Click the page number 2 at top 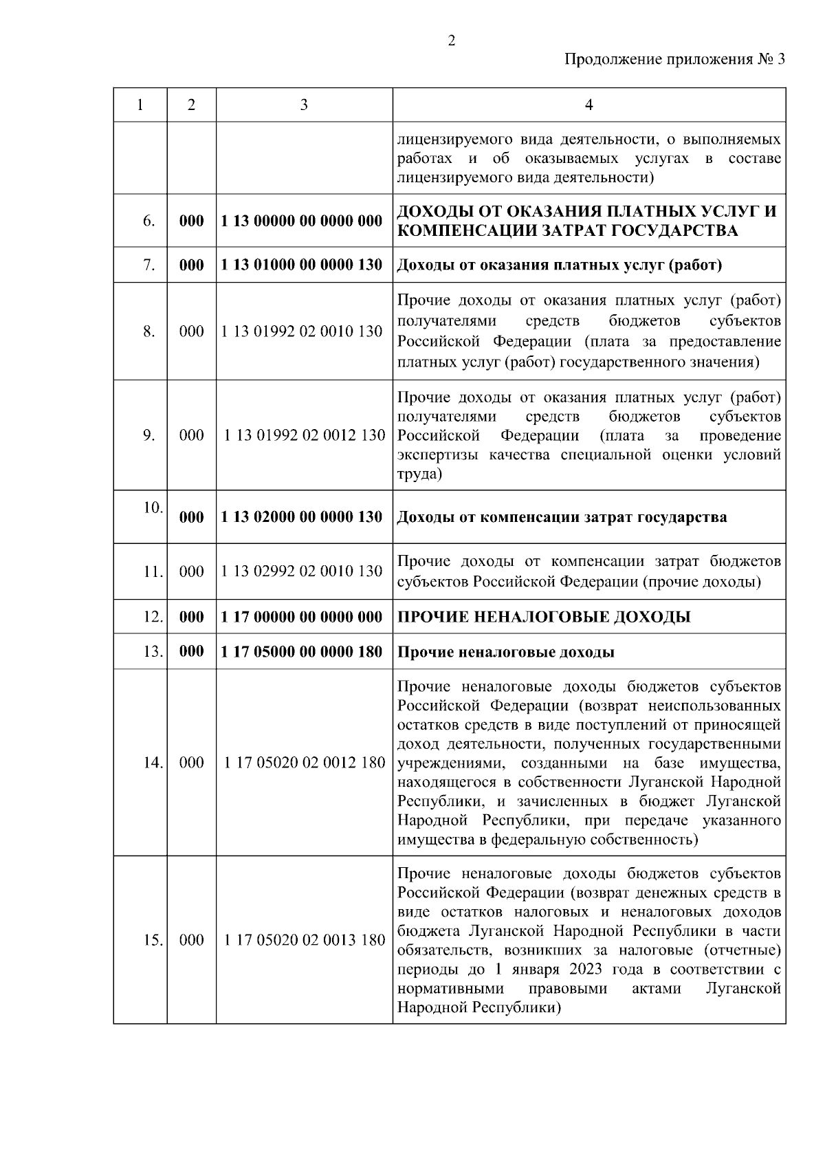tap(451, 41)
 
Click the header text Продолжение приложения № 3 tap(674, 59)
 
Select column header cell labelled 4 tap(588, 105)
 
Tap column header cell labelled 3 tap(304, 105)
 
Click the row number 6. tap(148, 221)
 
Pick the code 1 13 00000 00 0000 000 tap(302, 221)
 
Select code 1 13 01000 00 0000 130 tap(302, 265)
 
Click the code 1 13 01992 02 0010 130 tap(302, 331)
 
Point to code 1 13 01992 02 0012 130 tap(304, 435)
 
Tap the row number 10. tap(153, 508)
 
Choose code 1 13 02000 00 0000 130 tap(302, 517)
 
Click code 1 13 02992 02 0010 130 tap(302, 571)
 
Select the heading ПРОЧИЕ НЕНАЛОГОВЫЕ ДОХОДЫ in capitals tap(544, 617)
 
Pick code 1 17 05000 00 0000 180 tap(302, 652)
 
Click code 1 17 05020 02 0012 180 tap(304, 763)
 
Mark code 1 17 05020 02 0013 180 tap(304, 940)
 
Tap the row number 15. tap(153, 940)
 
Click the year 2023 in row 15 tap(585, 970)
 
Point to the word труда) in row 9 tap(419, 475)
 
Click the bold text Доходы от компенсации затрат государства tap(562, 517)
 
